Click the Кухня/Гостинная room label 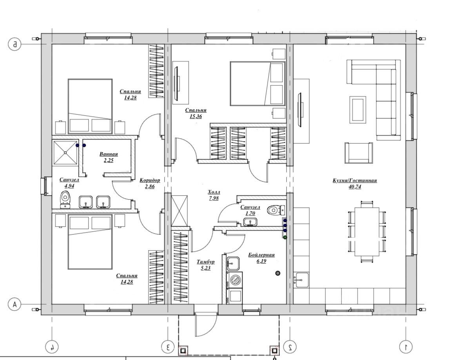[354, 180]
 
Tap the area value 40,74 [354, 186]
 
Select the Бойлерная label [262, 255]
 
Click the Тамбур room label [205, 262]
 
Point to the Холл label [214, 192]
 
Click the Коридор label [150, 180]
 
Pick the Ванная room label [109, 154]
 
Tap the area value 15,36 [196, 116]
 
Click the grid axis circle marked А [15, 304]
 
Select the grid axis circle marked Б [15, 44]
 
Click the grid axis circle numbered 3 [168, 347]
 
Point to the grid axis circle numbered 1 [406, 347]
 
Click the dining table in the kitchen [367, 231]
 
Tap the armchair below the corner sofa [358, 153]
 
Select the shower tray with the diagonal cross [65, 152]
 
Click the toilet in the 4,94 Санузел [65, 200]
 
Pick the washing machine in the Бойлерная [234, 280]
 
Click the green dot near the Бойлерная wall [285, 237]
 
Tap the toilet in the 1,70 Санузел [275, 210]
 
